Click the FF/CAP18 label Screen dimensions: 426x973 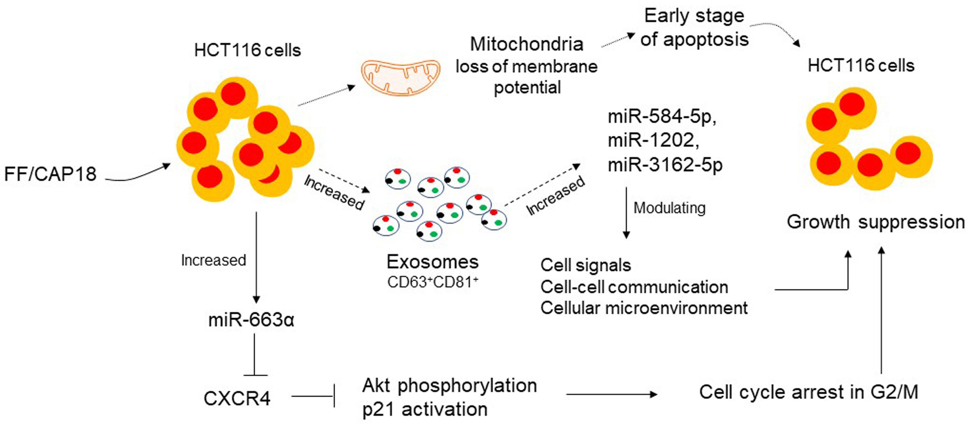click(50, 174)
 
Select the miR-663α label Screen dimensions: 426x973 click(251, 320)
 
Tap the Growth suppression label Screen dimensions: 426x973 click(876, 222)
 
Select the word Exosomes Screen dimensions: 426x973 click(433, 262)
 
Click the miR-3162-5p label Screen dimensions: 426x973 click(665, 165)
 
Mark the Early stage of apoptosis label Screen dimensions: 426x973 click(694, 28)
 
